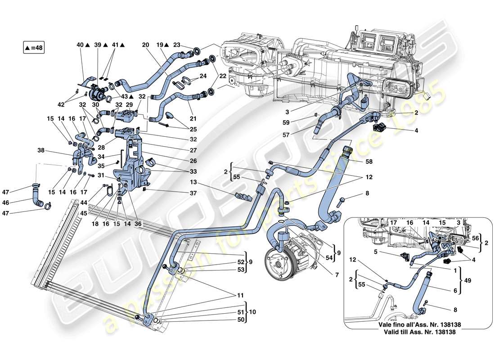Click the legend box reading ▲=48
coord(35,47)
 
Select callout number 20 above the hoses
coord(145,45)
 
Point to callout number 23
coord(177,45)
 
